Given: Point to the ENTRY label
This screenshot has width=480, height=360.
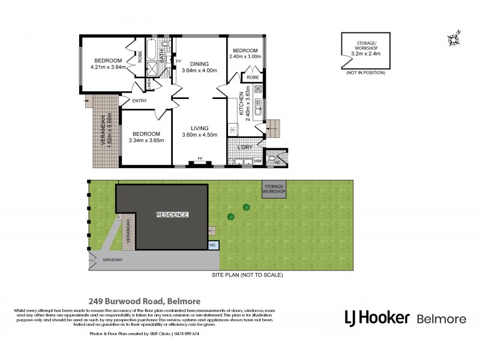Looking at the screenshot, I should pyautogui.click(x=139, y=101).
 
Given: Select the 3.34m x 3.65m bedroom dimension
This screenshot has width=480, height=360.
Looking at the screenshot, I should pyautogui.click(x=145, y=141).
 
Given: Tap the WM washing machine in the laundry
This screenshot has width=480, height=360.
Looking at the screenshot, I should pyautogui.click(x=257, y=161).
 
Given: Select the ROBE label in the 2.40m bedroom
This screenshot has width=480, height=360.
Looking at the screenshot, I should pyautogui.click(x=253, y=77).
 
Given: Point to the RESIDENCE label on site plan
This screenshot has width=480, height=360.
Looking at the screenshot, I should pyautogui.click(x=172, y=214).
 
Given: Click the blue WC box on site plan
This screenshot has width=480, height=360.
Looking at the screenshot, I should pyautogui.click(x=213, y=245).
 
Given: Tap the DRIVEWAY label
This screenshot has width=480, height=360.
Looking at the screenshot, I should pyautogui.click(x=112, y=260).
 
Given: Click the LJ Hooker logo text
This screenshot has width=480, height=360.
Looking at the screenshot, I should pyautogui.click(x=377, y=317).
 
